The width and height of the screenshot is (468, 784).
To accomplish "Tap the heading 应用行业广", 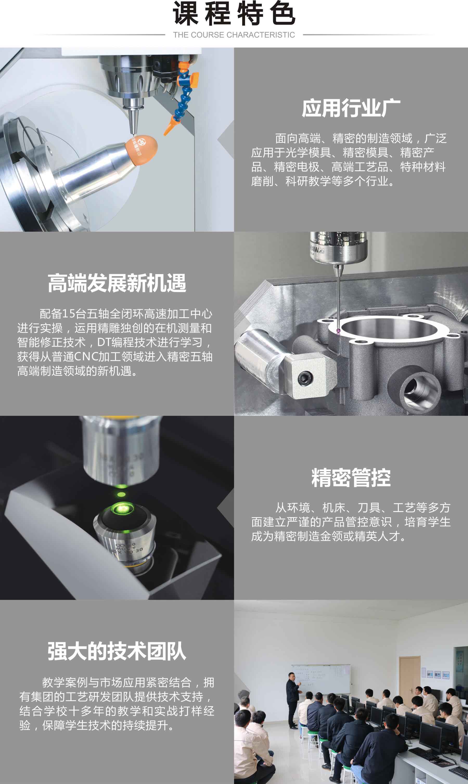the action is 351,108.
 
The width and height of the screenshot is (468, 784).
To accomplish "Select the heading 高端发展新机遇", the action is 117,283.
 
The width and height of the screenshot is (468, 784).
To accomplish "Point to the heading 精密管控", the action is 351,477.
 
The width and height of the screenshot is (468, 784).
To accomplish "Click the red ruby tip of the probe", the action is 338,331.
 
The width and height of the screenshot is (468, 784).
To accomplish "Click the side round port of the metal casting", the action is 415,389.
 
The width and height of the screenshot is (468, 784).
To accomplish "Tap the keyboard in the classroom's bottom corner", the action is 459,769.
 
